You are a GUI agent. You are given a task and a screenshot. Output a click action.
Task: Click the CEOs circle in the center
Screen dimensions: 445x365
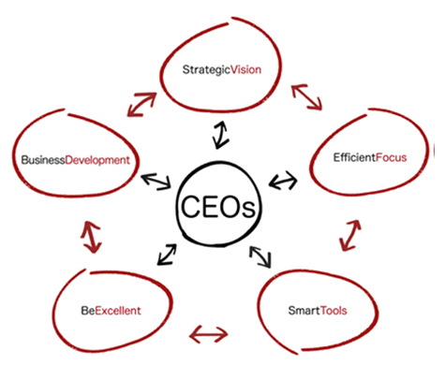(218, 204)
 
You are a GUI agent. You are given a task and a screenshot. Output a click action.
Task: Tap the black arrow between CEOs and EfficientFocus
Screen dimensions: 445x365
(281, 179)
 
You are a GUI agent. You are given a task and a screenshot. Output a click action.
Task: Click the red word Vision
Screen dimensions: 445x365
(241, 68)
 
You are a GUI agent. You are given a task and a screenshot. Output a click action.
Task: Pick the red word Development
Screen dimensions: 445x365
(96, 160)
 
